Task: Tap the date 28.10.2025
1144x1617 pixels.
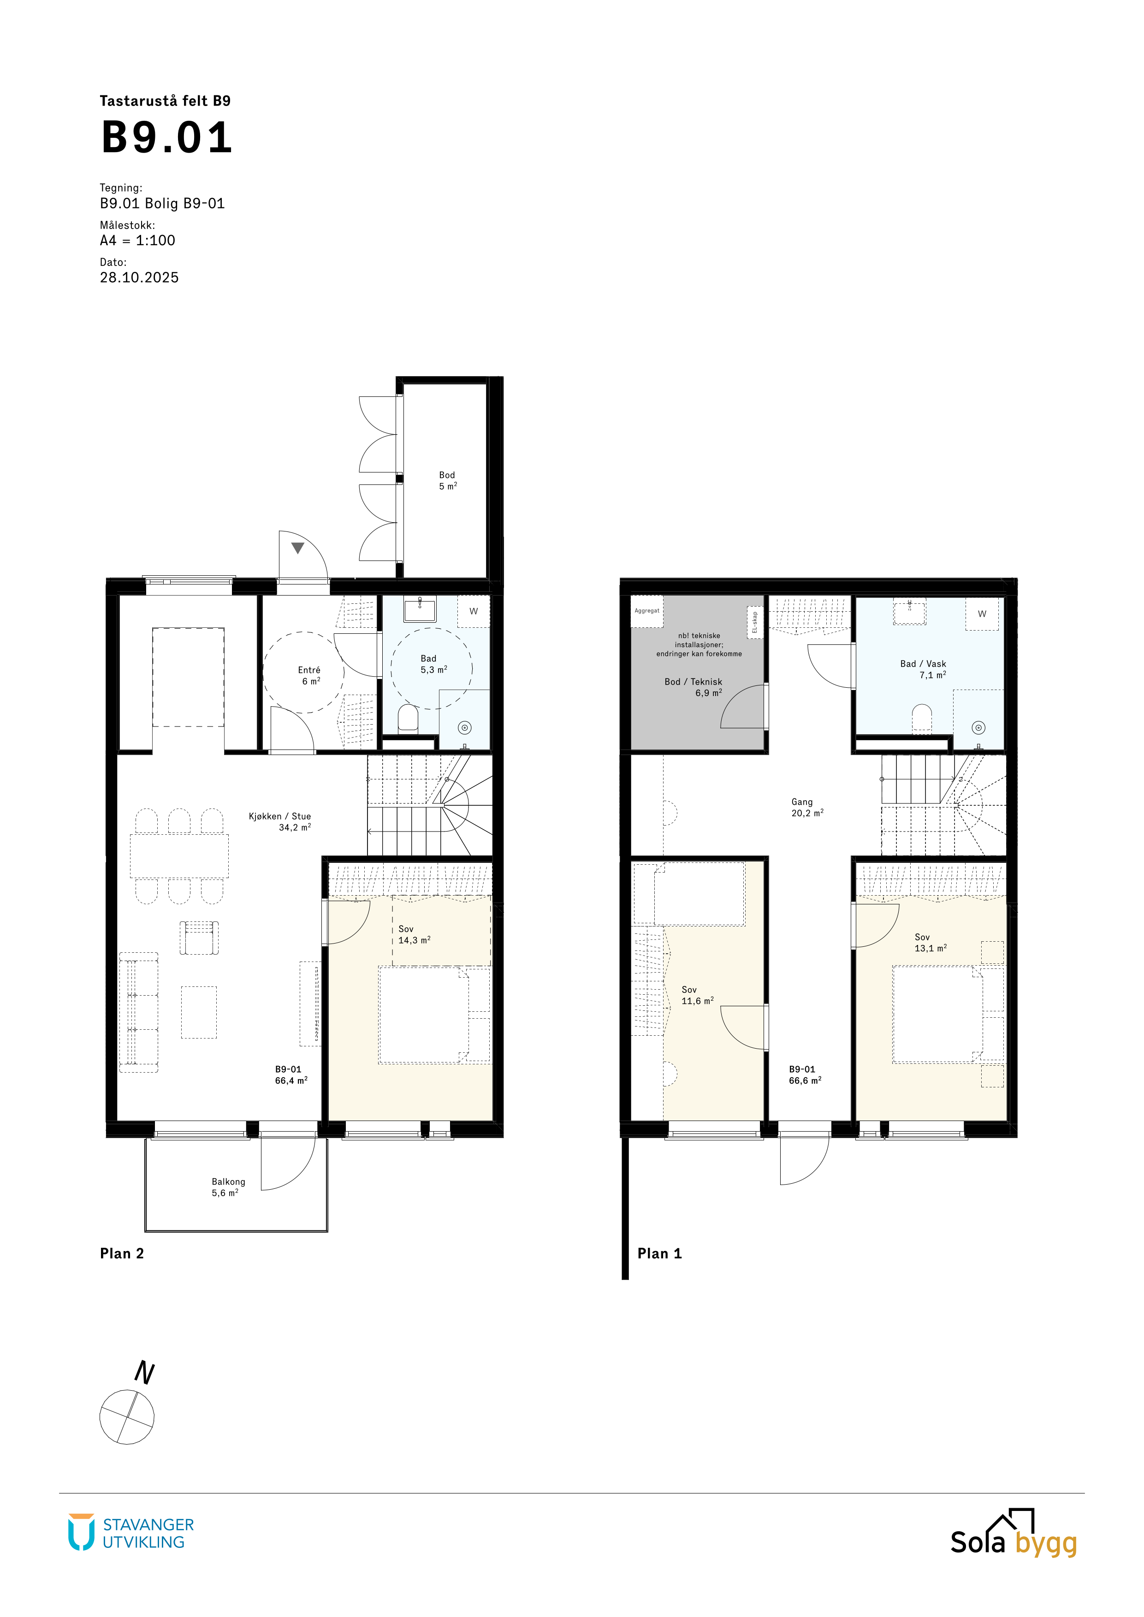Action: (139, 277)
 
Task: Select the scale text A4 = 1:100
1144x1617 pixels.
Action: (137, 240)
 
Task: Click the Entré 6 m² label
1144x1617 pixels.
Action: (309, 675)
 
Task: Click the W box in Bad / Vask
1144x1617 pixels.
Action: (982, 614)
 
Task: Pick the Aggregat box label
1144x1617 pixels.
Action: (646, 611)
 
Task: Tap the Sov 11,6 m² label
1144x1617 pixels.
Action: (697, 995)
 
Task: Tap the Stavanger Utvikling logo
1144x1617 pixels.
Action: (131, 1533)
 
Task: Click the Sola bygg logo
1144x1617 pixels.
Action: (1014, 1533)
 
